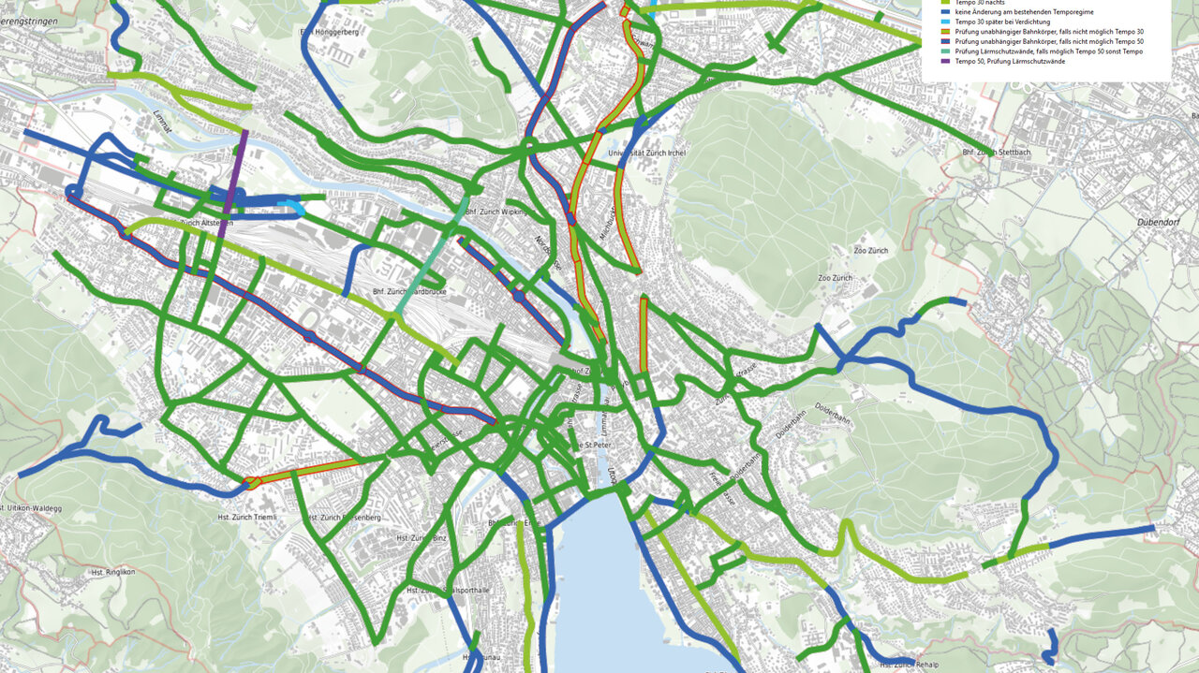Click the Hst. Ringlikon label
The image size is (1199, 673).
tap(113, 571)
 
